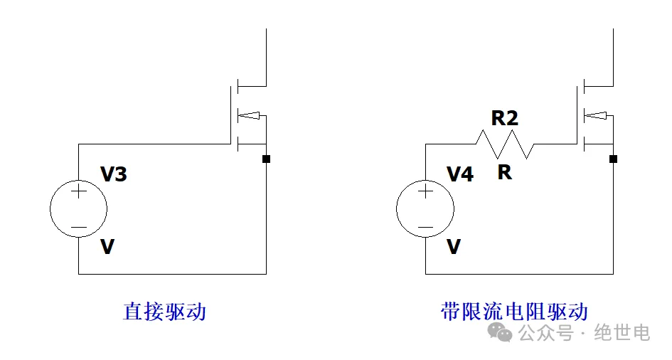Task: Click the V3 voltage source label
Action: (114, 174)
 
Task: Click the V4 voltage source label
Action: (460, 174)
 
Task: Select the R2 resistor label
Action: (504, 118)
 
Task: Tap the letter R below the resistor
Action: (504, 172)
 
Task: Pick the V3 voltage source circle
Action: (78, 209)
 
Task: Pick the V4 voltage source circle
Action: (425, 209)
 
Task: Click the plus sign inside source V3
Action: (78, 191)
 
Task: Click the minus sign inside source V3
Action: (78, 228)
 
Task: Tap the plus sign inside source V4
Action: (425, 191)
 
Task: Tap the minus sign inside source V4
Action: (425, 228)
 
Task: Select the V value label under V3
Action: (107, 247)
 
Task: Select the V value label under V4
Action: (453, 247)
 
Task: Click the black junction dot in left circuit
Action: (266, 159)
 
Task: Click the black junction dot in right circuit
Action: (613, 159)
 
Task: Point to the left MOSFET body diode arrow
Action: (252, 114)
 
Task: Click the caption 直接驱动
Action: (164, 312)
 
